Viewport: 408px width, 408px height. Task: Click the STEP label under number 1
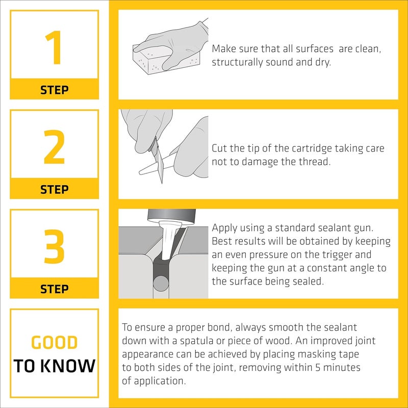coord(54,90)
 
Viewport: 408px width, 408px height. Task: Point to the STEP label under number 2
coord(54,190)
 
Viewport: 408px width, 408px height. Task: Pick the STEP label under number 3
coord(54,289)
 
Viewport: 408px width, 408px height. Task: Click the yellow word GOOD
coord(54,343)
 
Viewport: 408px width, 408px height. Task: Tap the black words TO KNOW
coord(54,366)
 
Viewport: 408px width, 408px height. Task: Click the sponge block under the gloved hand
coord(153,62)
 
